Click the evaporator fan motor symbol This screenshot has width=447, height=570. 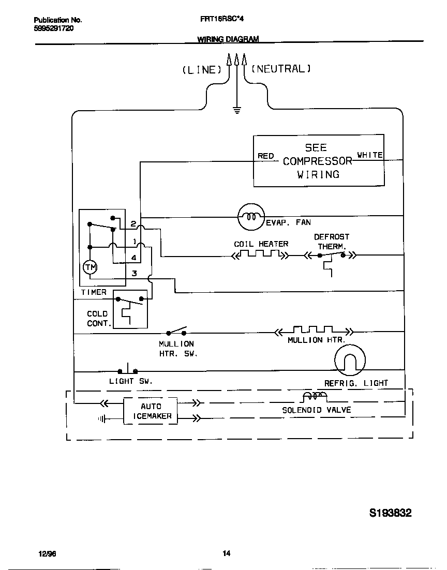pos(251,216)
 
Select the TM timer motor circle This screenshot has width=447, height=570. pos(90,267)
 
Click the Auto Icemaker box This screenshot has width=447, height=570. pos(151,411)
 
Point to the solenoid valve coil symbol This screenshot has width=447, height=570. pos(314,397)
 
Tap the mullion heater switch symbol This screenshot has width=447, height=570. pos(176,332)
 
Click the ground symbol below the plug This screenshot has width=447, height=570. pos(237,110)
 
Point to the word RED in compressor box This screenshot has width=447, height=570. pos(265,156)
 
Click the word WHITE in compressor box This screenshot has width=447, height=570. pos(370,155)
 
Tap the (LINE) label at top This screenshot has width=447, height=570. pos(202,70)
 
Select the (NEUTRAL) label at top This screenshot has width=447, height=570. pos(281,68)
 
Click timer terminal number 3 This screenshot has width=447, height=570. pos(134,273)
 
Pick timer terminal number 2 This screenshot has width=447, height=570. pos(133,224)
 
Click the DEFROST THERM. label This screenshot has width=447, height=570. pos(332,242)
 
